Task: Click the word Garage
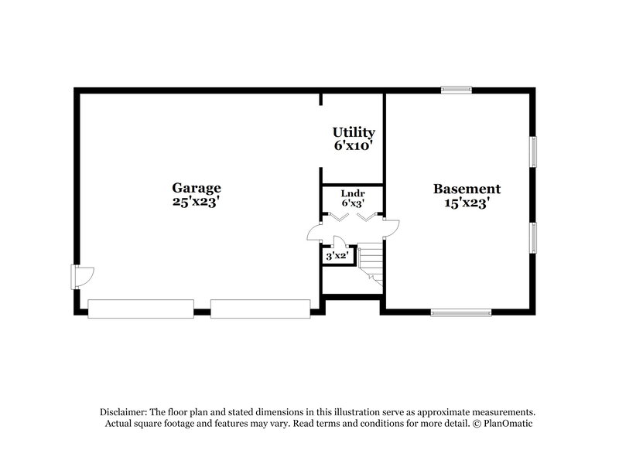(x=197, y=187)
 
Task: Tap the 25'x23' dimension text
(x=197, y=202)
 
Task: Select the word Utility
(x=354, y=132)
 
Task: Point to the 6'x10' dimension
(x=354, y=145)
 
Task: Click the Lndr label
(x=353, y=193)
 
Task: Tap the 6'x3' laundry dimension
(x=353, y=203)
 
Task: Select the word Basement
(x=467, y=189)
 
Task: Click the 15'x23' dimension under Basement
(x=467, y=203)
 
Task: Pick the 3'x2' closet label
(x=337, y=255)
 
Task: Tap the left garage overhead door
(x=141, y=309)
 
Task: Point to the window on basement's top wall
(x=456, y=90)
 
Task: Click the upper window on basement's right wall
(x=532, y=151)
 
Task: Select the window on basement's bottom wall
(x=461, y=312)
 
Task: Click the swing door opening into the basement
(x=392, y=227)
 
